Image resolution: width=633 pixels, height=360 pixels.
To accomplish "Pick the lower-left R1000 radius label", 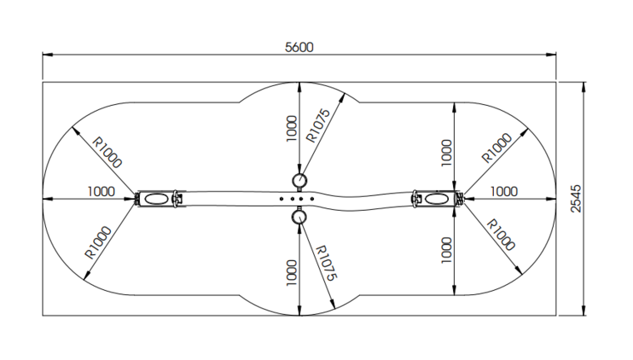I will tap(98, 241).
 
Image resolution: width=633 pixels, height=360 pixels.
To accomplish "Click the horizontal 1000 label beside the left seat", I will tap(101, 192).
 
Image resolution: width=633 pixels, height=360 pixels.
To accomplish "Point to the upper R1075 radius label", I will tap(319, 124).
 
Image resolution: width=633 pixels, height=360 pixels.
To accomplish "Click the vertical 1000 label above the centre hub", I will tap(291, 128).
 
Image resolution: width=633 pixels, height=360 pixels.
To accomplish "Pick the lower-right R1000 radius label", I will tap(500, 235).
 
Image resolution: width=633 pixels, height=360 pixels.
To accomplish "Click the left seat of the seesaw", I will tap(156, 199).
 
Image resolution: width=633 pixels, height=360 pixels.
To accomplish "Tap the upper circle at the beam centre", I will tap(300, 179).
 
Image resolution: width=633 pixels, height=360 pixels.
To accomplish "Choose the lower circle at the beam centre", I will tap(300, 217).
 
